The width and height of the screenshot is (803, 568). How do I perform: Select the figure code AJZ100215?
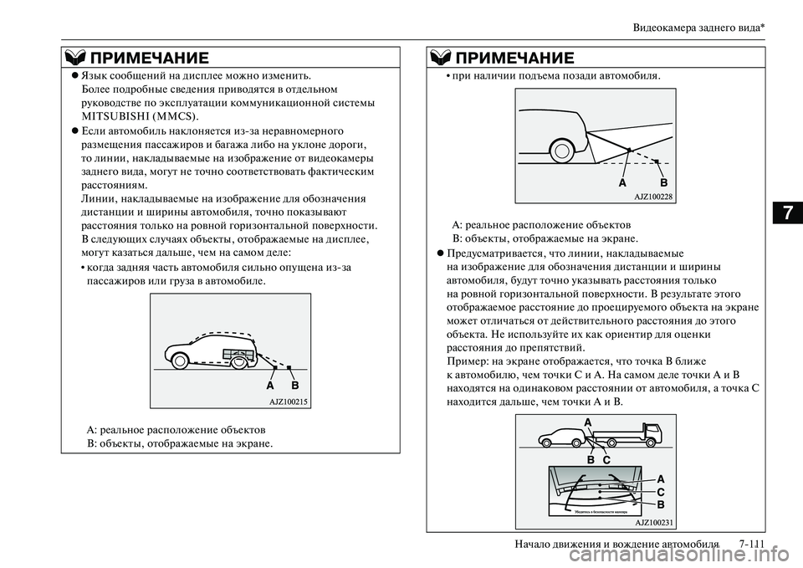289,402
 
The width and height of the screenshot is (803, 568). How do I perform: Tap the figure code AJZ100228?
653,197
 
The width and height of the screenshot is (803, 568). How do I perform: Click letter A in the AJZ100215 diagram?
270,387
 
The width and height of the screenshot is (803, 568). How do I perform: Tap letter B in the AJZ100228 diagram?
663,182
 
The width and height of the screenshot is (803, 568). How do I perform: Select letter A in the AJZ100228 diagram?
622,182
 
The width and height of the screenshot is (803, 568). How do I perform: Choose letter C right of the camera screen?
660,493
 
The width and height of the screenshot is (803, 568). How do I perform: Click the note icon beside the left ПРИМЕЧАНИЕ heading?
74,59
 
